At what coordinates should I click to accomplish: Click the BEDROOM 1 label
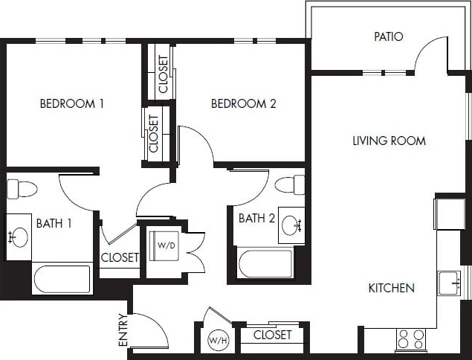[71, 103]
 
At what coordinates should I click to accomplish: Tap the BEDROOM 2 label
[243, 103]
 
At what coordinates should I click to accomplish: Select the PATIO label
[388, 36]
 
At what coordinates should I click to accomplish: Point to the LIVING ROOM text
[389, 141]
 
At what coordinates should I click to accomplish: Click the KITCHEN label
[391, 288]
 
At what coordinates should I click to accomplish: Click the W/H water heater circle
[217, 341]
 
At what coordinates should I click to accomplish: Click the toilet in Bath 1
[22, 189]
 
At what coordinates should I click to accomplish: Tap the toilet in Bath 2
[290, 184]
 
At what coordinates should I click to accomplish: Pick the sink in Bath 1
[19, 237]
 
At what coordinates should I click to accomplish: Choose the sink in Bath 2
[292, 225]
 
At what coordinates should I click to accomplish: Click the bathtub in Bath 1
[62, 279]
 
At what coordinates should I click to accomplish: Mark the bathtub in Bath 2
[265, 264]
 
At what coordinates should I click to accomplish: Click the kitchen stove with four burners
[410, 339]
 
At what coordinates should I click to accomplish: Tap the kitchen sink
[448, 283]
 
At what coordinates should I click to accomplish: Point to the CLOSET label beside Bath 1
[120, 257]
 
